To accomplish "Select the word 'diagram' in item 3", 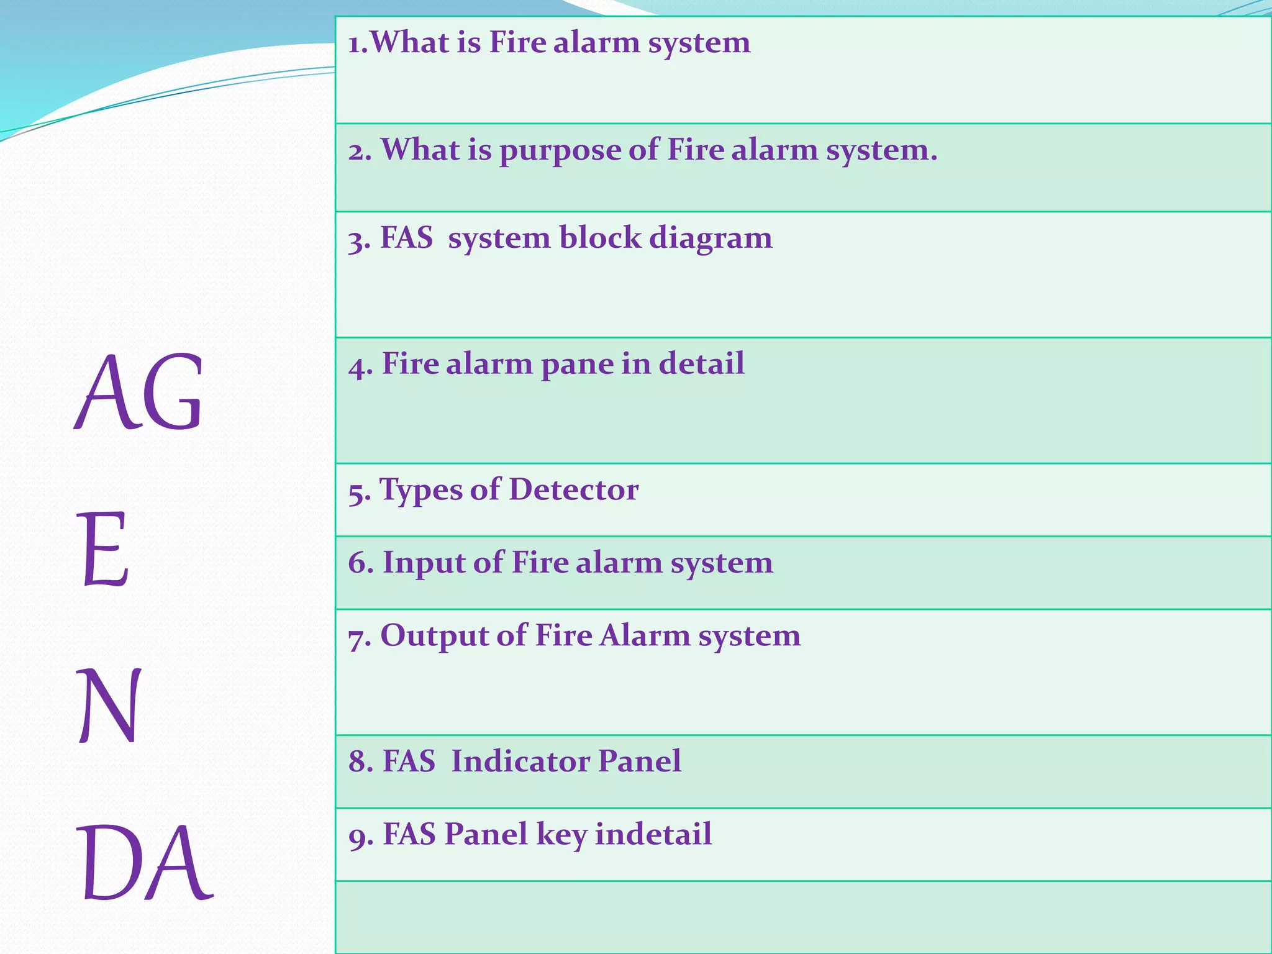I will (711, 239).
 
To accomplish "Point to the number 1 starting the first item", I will (355, 44).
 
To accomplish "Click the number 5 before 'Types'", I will (357, 492).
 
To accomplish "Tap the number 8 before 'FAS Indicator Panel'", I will (358, 762).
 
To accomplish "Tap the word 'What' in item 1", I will (409, 43).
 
